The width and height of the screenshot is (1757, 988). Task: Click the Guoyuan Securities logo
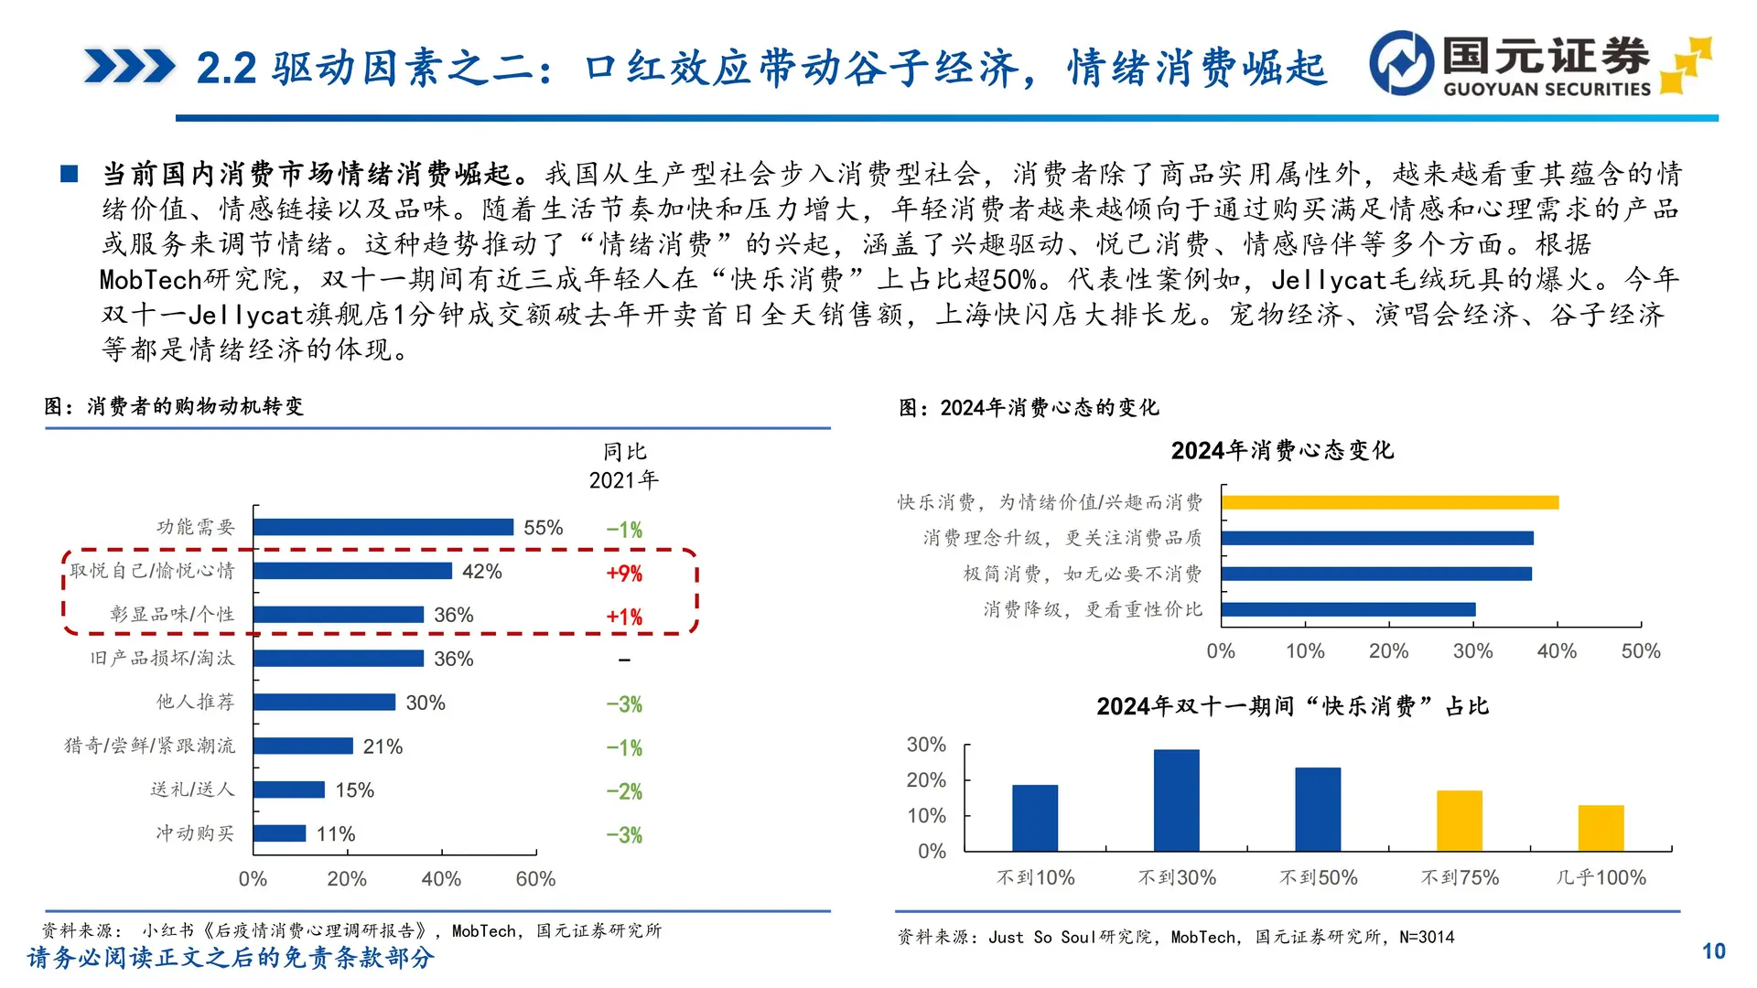point(1539,64)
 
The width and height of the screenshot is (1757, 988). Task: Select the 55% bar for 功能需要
point(383,527)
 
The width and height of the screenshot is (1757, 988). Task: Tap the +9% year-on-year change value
point(624,574)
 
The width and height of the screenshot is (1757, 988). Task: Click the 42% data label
point(481,572)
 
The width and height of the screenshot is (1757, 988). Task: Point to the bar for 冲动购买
point(280,833)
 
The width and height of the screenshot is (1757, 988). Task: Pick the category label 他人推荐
point(195,702)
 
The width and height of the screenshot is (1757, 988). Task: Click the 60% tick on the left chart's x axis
point(535,879)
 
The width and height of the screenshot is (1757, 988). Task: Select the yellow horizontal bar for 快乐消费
point(1389,502)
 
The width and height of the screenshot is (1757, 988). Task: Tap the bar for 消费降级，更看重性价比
point(1348,609)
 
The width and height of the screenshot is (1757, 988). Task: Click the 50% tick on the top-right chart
point(1640,651)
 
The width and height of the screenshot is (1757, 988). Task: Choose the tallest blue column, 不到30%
point(1176,800)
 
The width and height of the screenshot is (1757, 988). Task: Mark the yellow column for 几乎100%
point(1601,828)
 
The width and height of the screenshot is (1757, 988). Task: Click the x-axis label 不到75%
point(1460,877)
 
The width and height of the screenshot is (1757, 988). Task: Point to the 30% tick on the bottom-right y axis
point(926,745)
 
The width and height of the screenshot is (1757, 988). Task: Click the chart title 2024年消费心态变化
point(1281,450)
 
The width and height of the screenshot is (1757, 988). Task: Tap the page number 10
point(1713,951)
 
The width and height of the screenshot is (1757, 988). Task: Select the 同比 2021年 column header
point(624,466)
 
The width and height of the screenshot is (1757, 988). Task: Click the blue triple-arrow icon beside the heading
point(129,67)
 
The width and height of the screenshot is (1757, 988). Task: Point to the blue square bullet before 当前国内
point(70,174)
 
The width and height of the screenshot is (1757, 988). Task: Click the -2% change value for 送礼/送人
point(624,791)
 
